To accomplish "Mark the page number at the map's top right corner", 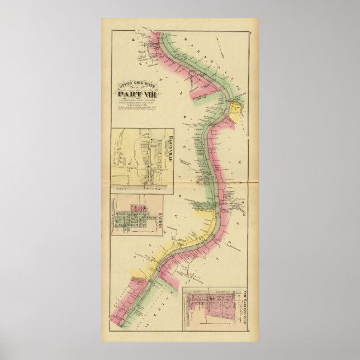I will point(252,34).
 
